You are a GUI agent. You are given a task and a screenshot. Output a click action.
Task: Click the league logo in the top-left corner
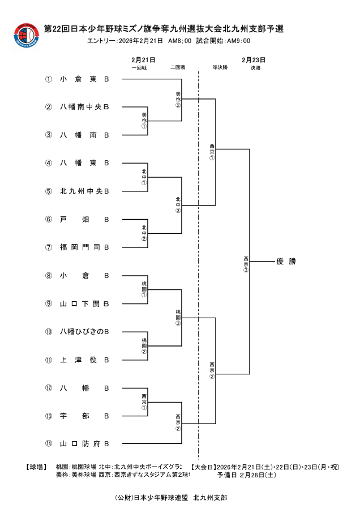pos(26,37)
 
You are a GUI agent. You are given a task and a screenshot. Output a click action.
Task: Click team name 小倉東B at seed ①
pos(84,79)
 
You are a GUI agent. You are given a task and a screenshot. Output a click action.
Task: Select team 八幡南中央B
pos(84,107)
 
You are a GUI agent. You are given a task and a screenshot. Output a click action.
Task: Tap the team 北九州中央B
pos(84,191)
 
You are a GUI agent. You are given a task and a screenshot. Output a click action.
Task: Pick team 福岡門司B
pos(84,247)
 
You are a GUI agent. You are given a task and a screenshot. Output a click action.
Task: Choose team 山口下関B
pos(84,304)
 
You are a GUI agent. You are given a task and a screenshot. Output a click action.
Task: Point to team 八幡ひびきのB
pos(84,331)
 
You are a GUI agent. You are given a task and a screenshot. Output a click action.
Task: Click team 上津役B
pos(84,360)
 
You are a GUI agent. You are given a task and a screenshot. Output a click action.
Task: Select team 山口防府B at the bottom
pos(84,443)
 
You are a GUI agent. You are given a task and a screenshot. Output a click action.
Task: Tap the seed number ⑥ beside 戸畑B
pos(49,219)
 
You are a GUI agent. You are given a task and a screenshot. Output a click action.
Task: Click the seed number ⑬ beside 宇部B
pos(49,416)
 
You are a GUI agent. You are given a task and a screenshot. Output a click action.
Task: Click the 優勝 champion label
pos(286,262)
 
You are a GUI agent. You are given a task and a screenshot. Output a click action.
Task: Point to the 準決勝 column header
pos(220,67)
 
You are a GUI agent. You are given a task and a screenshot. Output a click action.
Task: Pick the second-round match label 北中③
pos(178,205)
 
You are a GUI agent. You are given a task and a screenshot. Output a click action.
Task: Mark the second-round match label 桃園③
pos(178,317)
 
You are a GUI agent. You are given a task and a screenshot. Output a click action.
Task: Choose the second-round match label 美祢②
pos(178,99)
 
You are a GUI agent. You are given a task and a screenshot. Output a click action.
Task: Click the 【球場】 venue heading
pos(37,467)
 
